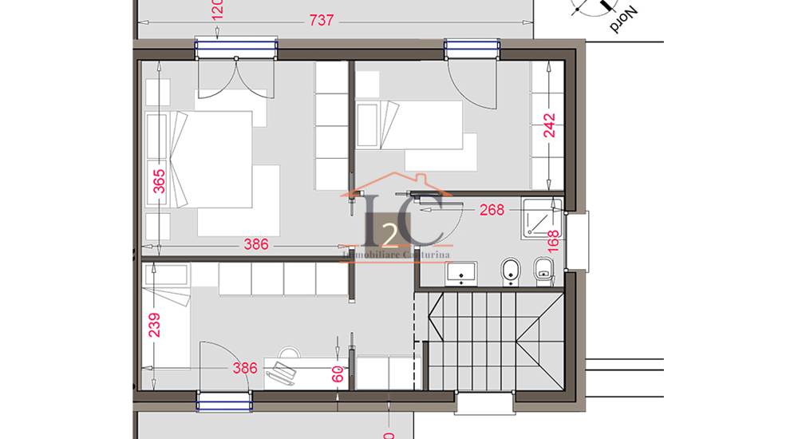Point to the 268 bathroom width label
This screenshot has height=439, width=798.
tap(491, 210)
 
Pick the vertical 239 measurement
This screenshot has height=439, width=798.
tap(155, 325)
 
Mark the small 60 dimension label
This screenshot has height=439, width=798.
tap(338, 373)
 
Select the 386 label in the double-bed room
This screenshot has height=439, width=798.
tap(255, 244)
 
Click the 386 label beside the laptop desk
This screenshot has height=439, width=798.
tap(244, 368)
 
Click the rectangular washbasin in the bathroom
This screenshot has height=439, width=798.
tap(460, 274)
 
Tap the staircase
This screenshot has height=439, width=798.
tap(491, 339)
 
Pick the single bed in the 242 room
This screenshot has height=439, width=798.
tap(409, 125)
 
